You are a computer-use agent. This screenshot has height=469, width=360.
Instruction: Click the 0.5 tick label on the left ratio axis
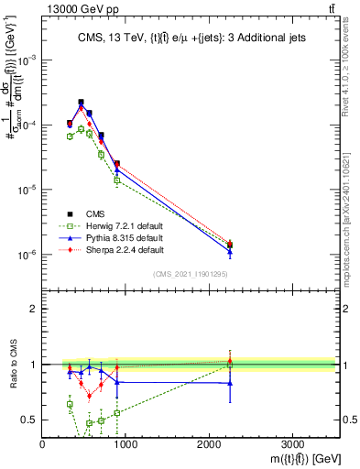click(28, 420)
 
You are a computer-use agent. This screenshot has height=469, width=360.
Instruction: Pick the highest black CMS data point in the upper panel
click(81, 103)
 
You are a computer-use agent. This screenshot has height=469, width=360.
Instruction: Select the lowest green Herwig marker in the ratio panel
click(89, 423)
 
